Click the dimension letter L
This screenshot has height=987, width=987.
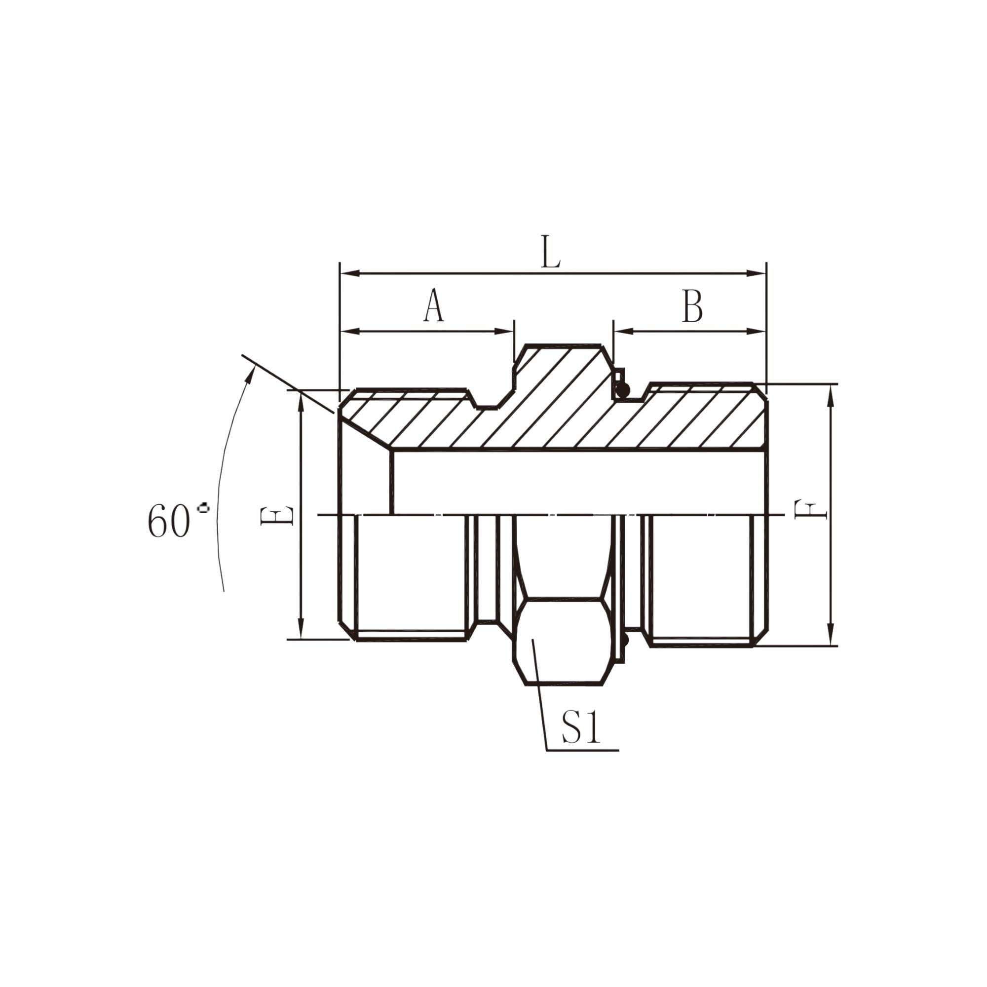pos(551,252)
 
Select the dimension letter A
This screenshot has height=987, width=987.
pos(434,305)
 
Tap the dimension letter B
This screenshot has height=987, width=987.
pos(692,305)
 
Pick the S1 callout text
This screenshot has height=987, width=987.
pos(580,727)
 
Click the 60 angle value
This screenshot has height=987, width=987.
pos(169,521)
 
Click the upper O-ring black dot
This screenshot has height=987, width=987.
pos(622,391)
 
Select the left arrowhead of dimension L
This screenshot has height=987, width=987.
pos(350,273)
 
